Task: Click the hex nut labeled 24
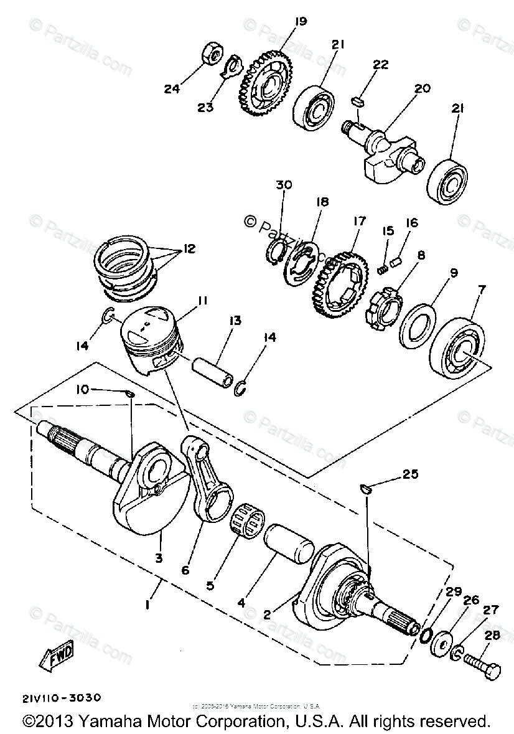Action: coord(210,55)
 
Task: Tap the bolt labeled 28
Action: coord(482,661)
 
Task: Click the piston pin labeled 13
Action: coord(211,371)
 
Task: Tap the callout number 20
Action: coord(422,89)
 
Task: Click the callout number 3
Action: coord(159,558)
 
